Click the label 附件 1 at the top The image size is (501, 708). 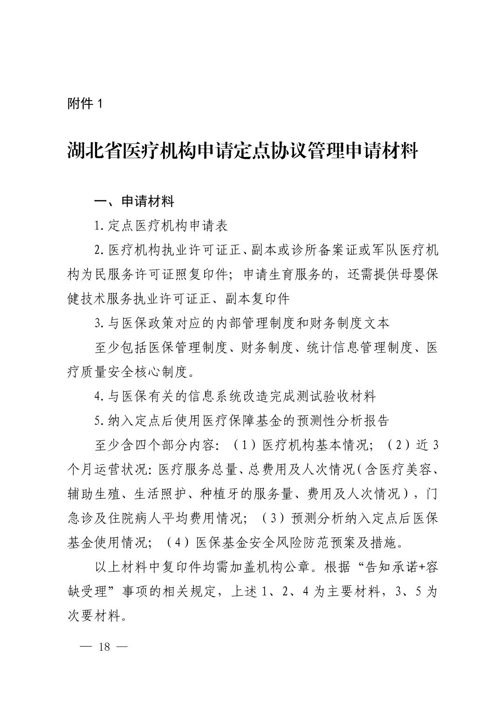click(x=84, y=103)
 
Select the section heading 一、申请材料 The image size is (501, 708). click(x=134, y=202)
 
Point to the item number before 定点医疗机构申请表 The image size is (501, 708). click(x=98, y=226)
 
